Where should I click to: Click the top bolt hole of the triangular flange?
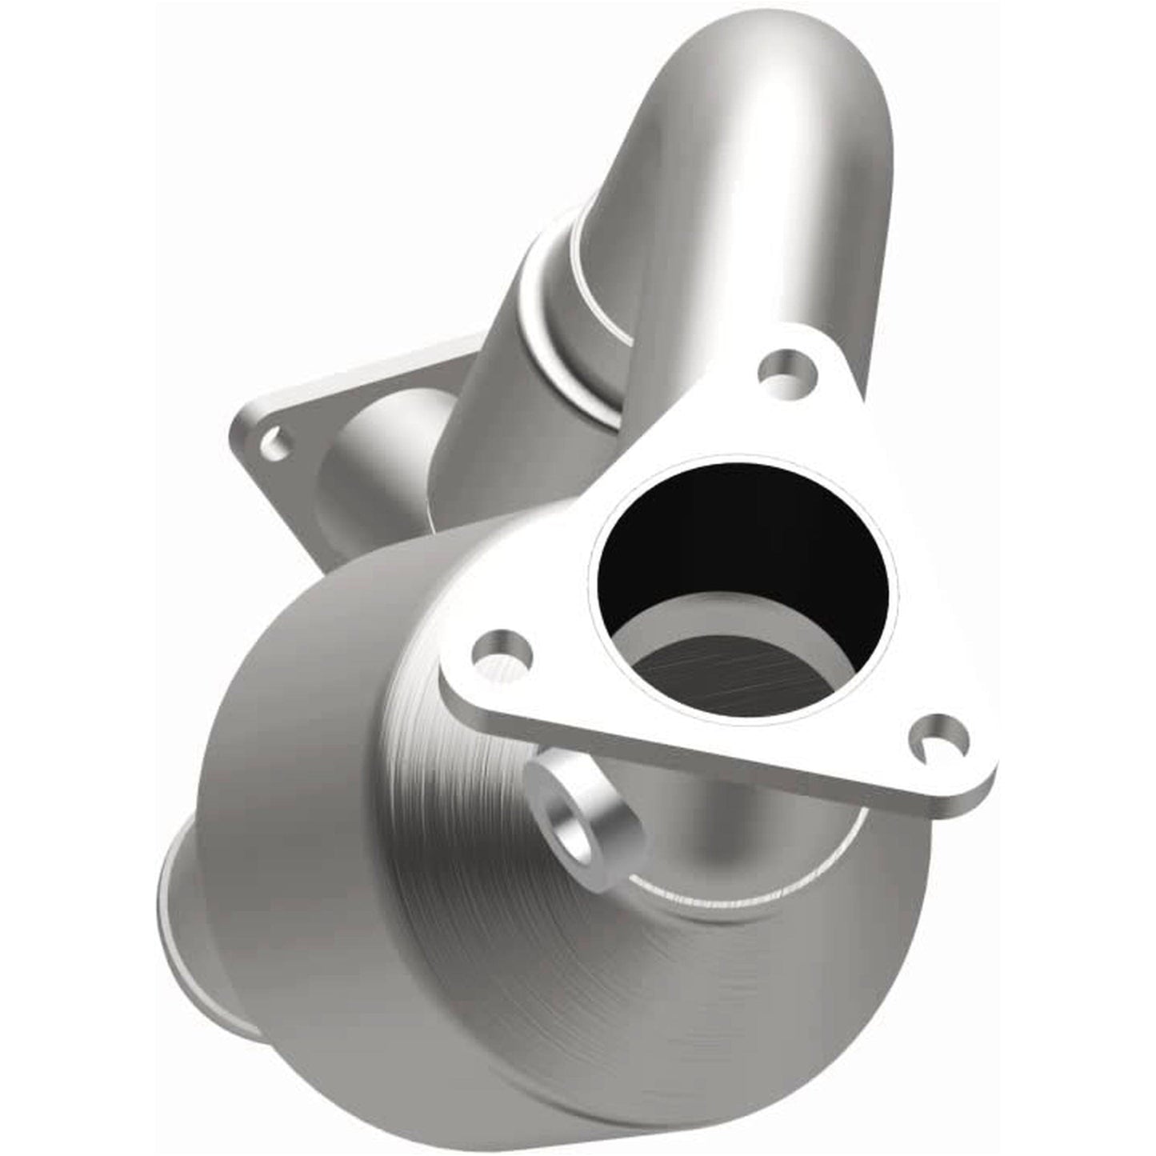[x=787, y=370]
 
